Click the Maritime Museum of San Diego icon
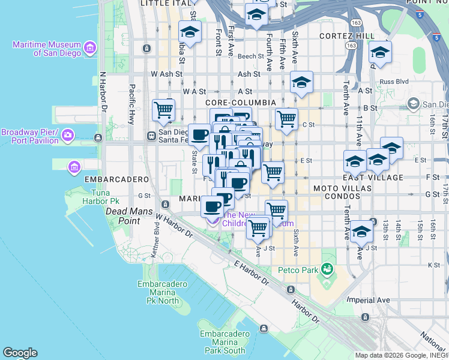point(90,47)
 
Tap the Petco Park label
point(297,270)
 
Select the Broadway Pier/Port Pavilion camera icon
point(68,136)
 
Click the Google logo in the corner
point(19,353)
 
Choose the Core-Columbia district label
point(241,103)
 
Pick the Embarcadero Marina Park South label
point(223,342)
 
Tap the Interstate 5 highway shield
point(436,37)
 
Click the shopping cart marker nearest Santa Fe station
point(163,110)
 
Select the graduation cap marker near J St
point(362,232)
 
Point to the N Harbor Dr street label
point(103,92)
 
